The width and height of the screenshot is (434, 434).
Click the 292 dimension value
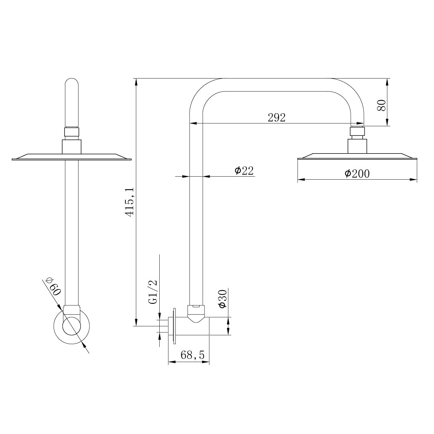tap(276, 118)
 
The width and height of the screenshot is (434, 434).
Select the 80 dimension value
tap(381, 105)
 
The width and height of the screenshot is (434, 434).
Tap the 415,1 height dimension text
tap(129, 202)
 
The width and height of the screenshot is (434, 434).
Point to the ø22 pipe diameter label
tap(244, 171)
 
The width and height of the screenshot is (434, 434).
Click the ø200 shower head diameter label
tap(357, 174)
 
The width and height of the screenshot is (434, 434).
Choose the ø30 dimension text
tap(223, 299)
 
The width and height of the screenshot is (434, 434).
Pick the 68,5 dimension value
tap(192, 355)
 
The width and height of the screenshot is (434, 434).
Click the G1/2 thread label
tap(153, 292)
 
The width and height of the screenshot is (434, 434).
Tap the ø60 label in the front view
tap(53, 287)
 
